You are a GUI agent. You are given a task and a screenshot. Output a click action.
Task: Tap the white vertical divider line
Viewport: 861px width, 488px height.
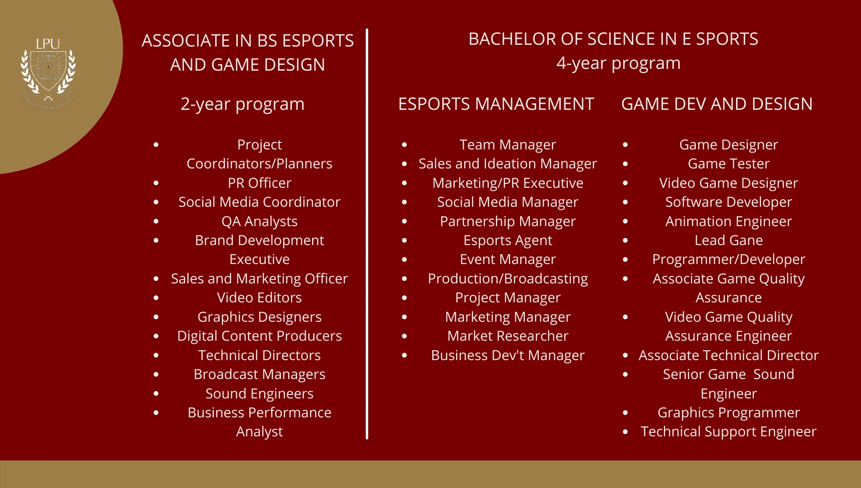click(367, 234)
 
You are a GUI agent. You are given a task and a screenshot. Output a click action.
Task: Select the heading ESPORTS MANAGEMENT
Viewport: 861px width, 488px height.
click(496, 104)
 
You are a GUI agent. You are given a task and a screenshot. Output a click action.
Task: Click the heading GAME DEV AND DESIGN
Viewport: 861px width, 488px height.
click(717, 104)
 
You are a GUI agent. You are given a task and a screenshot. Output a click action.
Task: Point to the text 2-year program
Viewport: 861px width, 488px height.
click(242, 104)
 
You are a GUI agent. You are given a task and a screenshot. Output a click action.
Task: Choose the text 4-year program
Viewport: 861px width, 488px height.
click(619, 63)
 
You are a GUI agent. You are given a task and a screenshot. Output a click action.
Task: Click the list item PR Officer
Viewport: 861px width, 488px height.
click(260, 183)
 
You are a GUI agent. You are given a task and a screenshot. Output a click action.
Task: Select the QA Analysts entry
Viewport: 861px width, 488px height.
click(260, 221)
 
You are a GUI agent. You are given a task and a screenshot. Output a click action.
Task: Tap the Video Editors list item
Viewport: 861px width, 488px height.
click(260, 298)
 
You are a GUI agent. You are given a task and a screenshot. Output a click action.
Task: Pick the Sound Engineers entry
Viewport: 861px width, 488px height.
click(260, 394)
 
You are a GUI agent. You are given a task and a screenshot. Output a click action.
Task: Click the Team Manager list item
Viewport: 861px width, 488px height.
click(508, 145)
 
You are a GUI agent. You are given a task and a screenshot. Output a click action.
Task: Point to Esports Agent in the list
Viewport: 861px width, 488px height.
click(508, 240)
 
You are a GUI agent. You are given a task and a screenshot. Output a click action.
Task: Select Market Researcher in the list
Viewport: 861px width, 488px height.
click(508, 336)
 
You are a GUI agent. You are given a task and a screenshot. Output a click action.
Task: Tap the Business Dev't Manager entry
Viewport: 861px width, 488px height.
click(508, 355)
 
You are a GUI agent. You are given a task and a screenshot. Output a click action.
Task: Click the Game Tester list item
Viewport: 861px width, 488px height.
click(729, 164)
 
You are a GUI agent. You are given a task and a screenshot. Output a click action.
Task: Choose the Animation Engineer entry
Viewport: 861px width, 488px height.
click(729, 221)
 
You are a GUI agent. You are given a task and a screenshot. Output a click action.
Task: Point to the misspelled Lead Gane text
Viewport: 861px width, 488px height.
click(729, 240)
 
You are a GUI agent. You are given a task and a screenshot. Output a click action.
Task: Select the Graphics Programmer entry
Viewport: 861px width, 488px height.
click(729, 413)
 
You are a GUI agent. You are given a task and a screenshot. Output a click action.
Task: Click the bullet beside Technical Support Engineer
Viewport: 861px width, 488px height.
click(626, 432)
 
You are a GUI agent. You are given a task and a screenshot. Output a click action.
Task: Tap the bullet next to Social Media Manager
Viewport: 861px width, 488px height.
click(405, 202)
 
